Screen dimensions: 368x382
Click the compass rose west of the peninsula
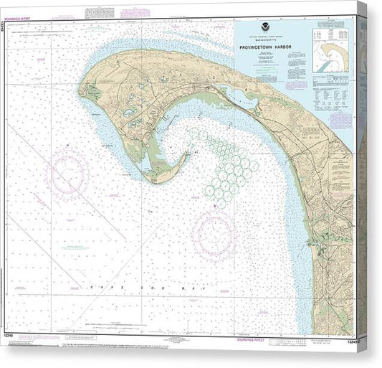(x=67, y=174)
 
